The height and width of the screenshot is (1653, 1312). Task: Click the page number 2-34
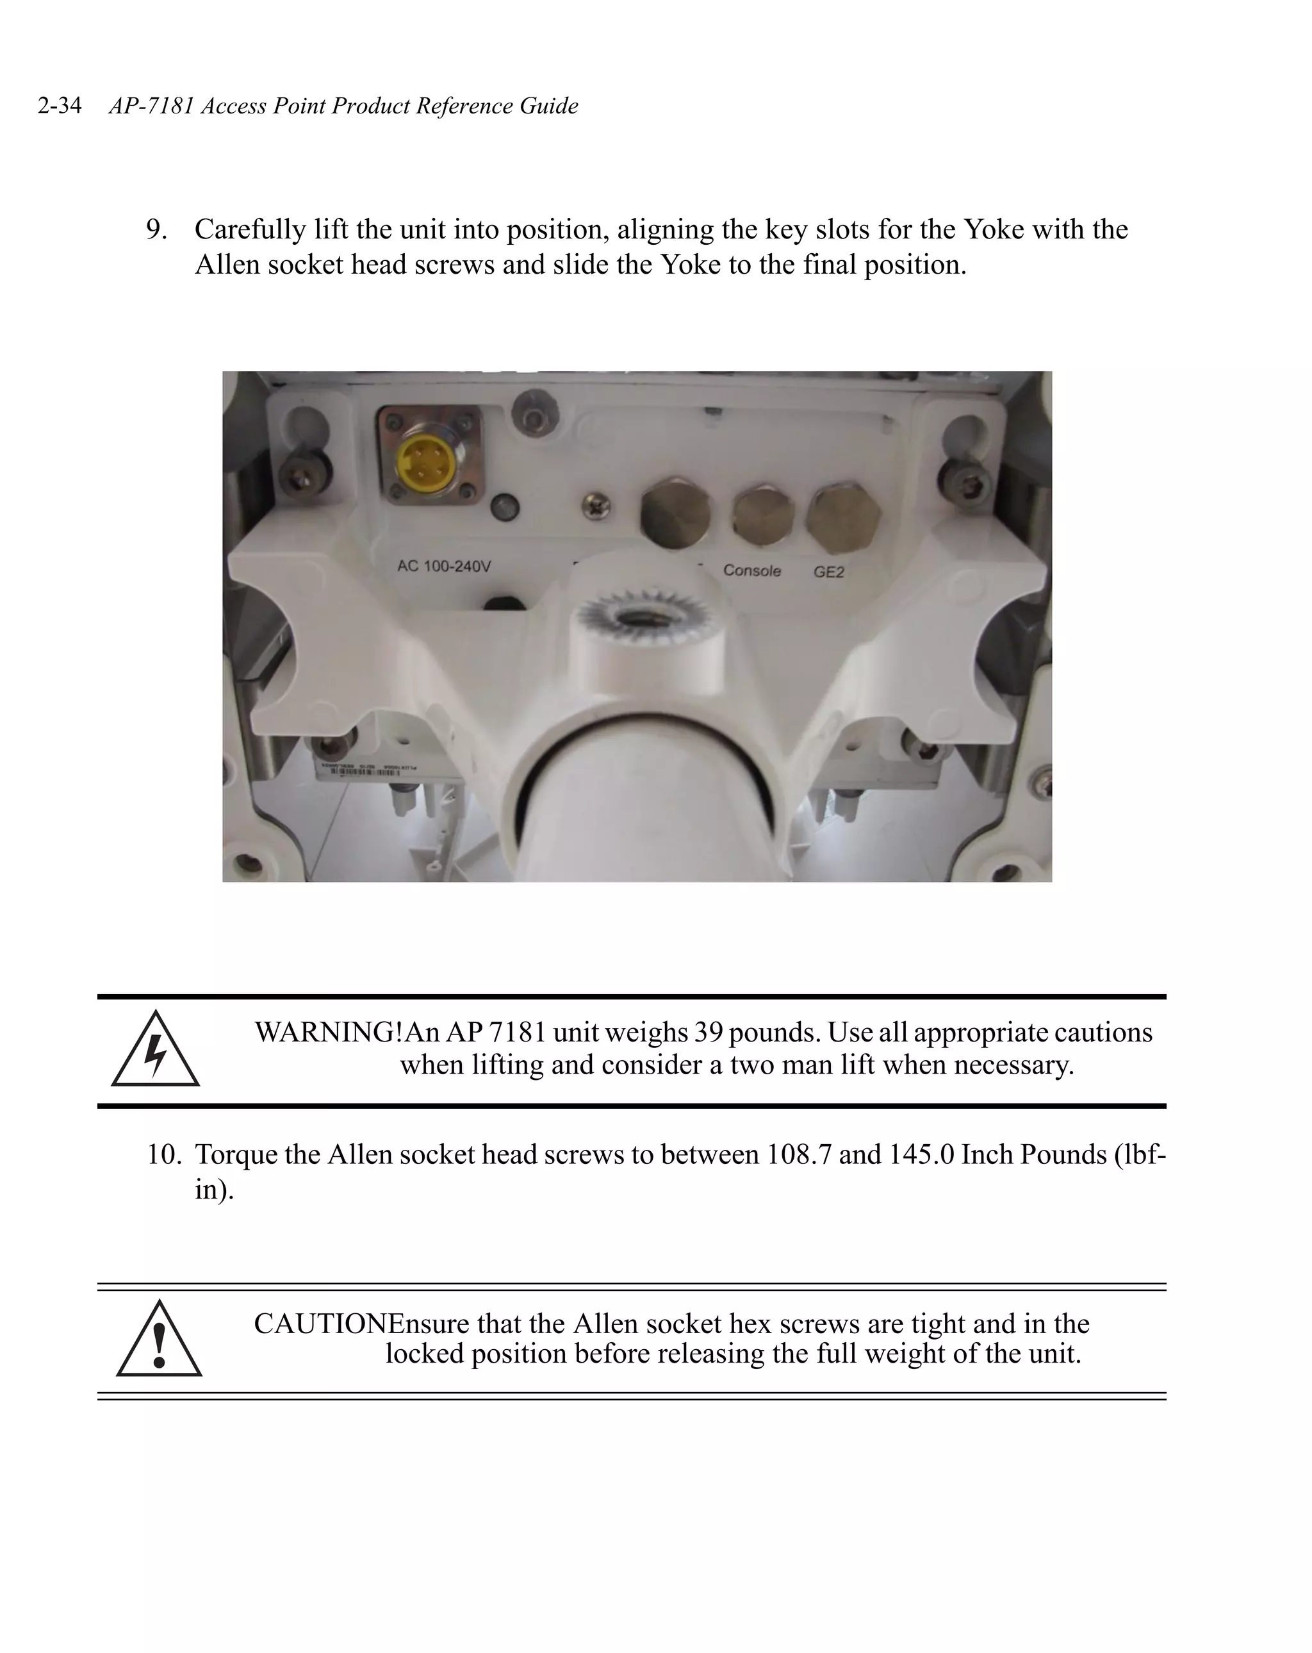(59, 105)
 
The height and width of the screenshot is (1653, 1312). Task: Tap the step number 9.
(156, 229)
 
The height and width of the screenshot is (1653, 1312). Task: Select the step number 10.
(163, 1154)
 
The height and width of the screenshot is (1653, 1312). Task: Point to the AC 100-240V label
(444, 567)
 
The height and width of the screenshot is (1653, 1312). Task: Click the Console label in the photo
(752, 570)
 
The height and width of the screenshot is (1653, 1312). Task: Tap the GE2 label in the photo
(828, 572)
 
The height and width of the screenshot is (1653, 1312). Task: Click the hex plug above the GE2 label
(843, 519)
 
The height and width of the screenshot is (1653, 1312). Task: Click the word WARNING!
(328, 1033)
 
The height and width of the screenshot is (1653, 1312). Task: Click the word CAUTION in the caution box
(320, 1324)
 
